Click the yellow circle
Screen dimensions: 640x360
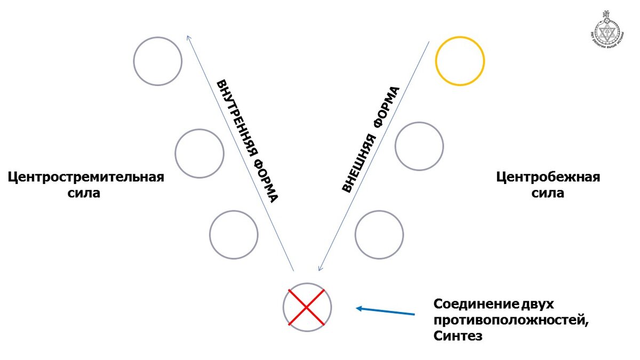(x=460, y=60)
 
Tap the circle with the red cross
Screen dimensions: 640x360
(x=307, y=308)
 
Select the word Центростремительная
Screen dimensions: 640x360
(x=86, y=177)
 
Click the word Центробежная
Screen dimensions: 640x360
(x=548, y=177)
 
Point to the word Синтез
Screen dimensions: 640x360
(x=458, y=337)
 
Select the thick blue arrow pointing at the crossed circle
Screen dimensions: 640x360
(x=385, y=310)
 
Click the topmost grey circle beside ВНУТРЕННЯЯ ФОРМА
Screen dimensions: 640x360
(x=158, y=61)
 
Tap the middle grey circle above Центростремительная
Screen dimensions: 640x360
(x=199, y=154)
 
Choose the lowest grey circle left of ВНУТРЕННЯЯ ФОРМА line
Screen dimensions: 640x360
(x=234, y=235)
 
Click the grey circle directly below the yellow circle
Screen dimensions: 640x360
(x=419, y=146)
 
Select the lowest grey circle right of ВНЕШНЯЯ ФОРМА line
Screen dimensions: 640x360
(x=379, y=235)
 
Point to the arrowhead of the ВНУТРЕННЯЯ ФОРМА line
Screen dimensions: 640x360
(x=188, y=37)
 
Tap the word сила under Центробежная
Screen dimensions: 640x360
(x=548, y=193)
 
